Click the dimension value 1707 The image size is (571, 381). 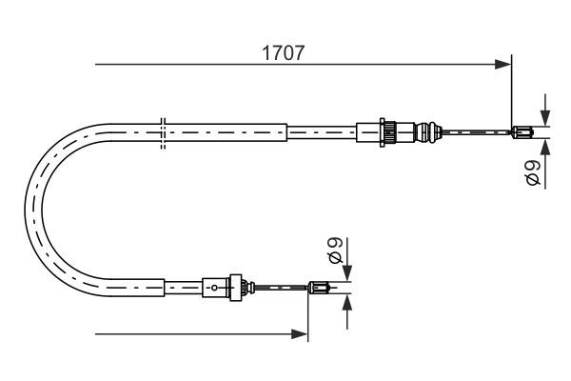click(283, 53)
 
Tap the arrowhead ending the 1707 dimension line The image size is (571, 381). click(504, 65)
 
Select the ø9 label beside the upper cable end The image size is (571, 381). click(534, 172)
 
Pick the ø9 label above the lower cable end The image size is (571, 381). click(335, 251)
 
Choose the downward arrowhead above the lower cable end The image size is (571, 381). click(347, 272)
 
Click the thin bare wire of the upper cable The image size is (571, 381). click(476, 132)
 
